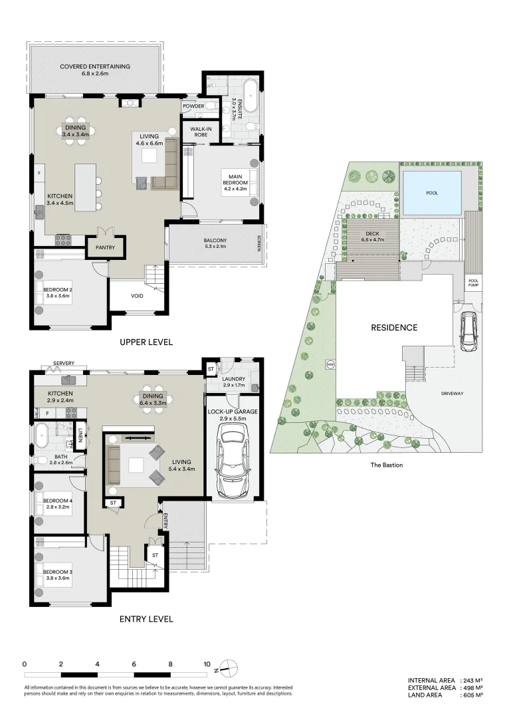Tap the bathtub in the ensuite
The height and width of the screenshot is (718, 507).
coord(251,97)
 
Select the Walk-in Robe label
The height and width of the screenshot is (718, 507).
coord(200,132)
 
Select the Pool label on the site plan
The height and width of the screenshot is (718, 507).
coord(432,193)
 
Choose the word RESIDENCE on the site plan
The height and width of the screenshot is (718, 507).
coord(394,327)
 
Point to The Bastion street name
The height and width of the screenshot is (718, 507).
coord(386,465)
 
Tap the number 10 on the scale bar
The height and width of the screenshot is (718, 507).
coord(207,663)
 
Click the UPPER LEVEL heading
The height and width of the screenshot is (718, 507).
coord(146,342)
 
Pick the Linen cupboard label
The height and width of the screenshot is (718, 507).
coord(80,433)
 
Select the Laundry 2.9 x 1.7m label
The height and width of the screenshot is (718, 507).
coord(234,382)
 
